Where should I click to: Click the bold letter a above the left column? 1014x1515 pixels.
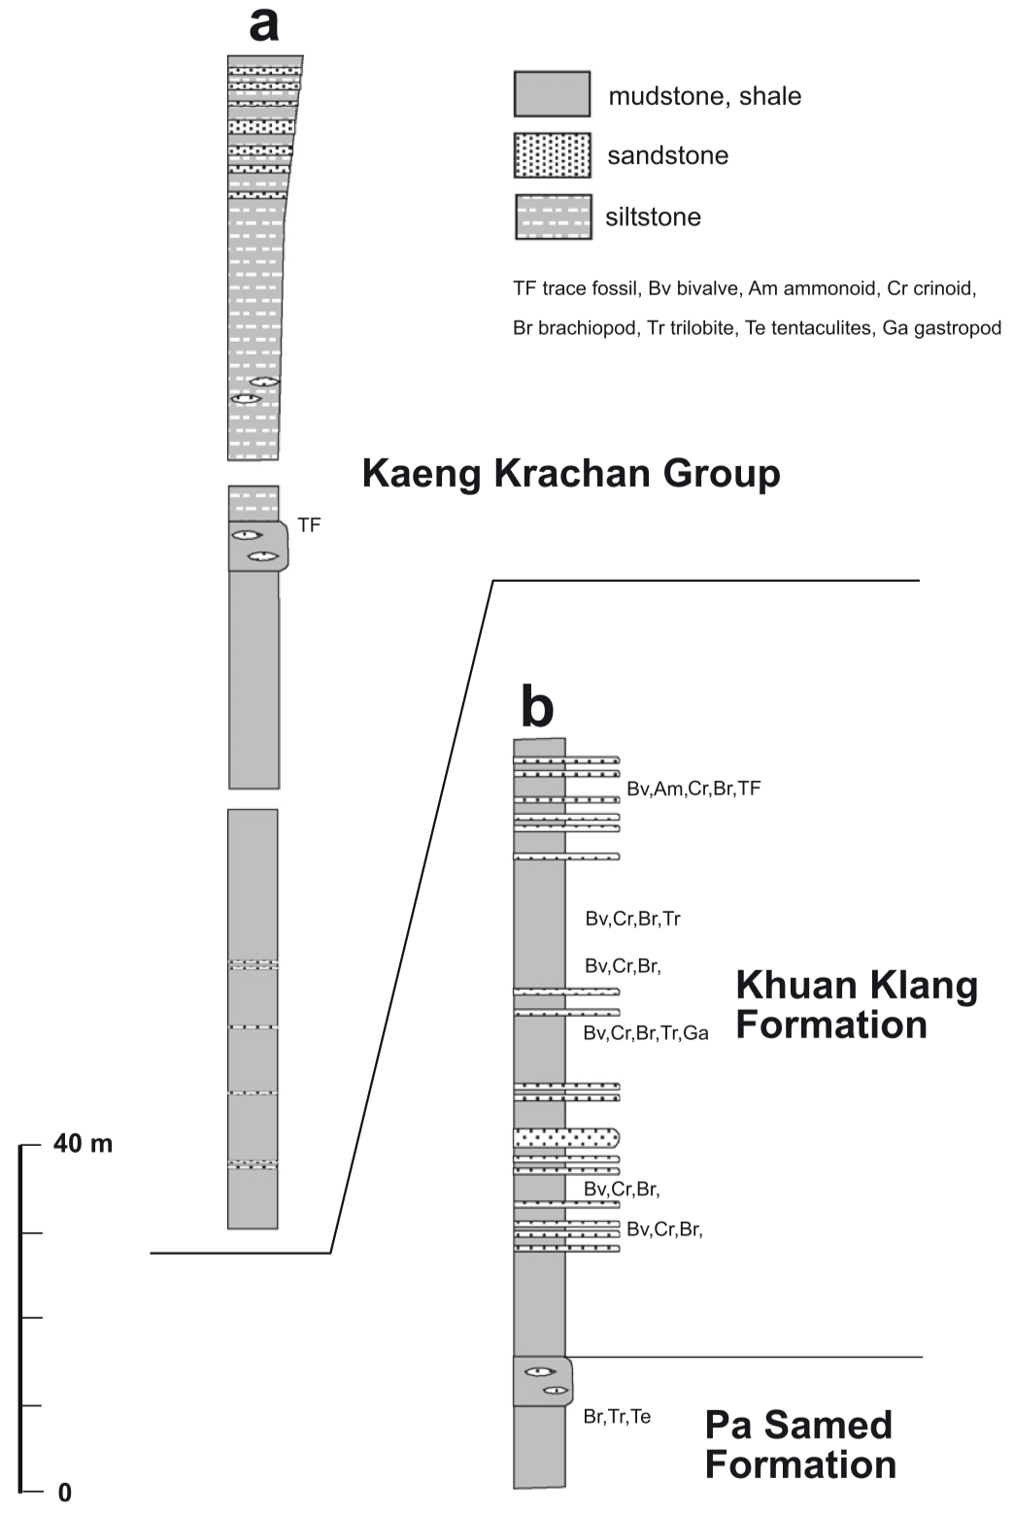(x=263, y=24)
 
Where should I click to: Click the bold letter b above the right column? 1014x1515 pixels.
(x=537, y=707)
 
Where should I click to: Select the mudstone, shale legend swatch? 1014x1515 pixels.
(x=552, y=94)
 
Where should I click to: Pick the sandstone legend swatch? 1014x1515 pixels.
(x=552, y=155)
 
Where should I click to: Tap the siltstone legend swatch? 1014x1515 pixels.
(x=552, y=217)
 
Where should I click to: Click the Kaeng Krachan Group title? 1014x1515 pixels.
(x=571, y=474)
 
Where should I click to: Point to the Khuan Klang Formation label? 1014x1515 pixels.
(x=856, y=1004)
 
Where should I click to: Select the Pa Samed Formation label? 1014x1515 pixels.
(x=799, y=1444)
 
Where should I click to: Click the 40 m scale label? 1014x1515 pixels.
(x=84, y=1144)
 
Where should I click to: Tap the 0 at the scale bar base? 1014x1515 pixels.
(x=64, y=1493)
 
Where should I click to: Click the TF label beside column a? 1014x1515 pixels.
(x=309, y=525)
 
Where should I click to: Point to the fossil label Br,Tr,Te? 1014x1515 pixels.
(x=617, y=1417)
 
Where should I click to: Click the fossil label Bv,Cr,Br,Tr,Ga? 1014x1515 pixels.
(x=646, y=1033)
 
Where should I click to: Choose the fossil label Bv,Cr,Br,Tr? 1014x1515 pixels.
(x=633, y=918)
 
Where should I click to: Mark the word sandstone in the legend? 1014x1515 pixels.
(x=667, y=155)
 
